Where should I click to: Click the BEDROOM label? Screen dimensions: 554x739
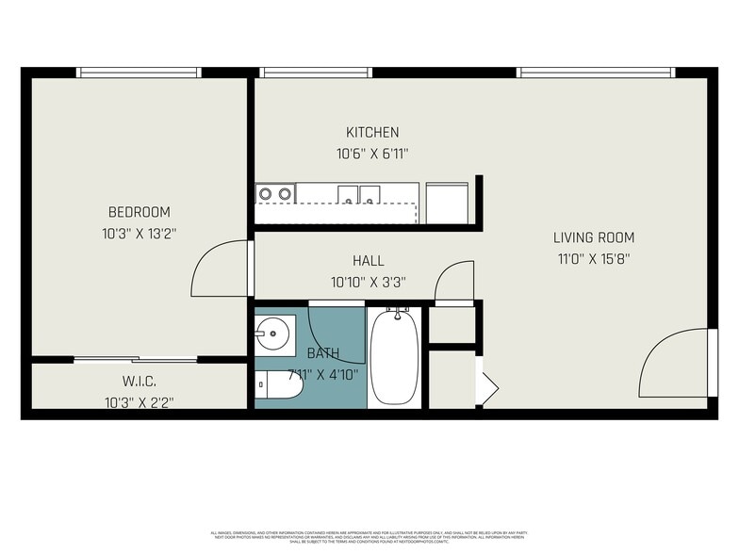point(139,212)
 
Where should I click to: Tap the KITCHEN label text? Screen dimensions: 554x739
point(372,133)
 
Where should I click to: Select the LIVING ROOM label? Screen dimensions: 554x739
point(593,238)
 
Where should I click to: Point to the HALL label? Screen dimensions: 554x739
point(369,261)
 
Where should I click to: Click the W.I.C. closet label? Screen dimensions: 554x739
point(139,382)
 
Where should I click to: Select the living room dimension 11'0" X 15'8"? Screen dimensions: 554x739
point(593,259)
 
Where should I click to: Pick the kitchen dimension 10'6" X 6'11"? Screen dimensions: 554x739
point(372,154)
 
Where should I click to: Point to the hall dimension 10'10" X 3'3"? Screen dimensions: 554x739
point(369,282)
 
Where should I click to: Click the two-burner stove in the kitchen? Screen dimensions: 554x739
point(274,194)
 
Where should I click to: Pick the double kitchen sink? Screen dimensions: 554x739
point(358,194)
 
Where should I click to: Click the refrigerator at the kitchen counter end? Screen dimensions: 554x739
point(449,202)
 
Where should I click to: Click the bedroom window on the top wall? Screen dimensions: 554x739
point(139,73)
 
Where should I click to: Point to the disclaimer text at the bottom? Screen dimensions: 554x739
point(369,536)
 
